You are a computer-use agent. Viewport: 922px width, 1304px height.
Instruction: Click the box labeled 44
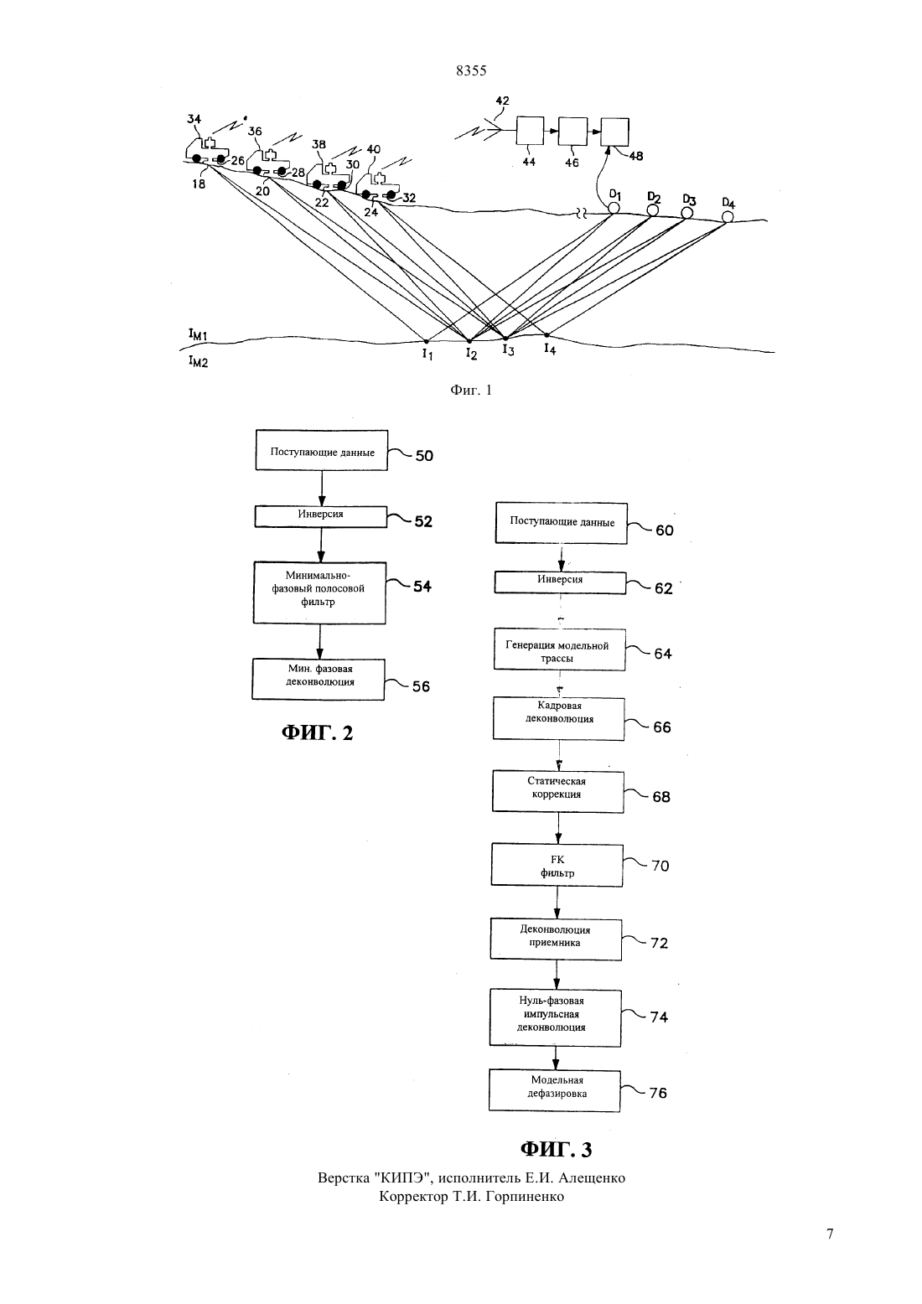tap(530, 131)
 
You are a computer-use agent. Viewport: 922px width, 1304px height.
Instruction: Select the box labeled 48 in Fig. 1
tap(614, 132)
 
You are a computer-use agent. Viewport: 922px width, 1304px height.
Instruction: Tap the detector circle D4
tap(727, 217)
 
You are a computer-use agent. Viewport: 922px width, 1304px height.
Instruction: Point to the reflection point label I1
tap(427, 354)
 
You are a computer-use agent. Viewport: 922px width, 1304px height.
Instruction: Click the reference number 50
tap(424, 456)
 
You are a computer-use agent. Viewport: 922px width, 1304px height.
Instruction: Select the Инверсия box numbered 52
tap(321, 516)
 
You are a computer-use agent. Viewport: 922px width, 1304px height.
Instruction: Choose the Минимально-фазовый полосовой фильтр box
tap(319, 592)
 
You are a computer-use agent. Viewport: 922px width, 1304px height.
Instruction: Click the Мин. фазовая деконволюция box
tap(319, 679)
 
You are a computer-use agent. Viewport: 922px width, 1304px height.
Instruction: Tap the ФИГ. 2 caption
tap(317, 732)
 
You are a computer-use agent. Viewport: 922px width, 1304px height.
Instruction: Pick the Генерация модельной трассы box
tap(559, 649)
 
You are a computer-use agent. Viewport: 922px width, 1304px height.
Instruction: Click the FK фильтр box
tap(557, 865)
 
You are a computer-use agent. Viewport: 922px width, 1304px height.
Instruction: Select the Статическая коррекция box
tap(558, 792)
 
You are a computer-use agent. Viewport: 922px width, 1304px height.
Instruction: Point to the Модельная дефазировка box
tap(555, 1089)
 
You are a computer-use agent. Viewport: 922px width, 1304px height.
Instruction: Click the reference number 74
tap(659, 1017)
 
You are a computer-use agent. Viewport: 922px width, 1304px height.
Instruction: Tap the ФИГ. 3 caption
tap(556, 1149)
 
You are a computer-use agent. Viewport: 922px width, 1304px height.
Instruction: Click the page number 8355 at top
tap(471, 70)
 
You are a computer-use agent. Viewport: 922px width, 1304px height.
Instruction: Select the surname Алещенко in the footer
tap(592, 1178)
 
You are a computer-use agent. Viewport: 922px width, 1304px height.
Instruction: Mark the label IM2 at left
tap(198, 361)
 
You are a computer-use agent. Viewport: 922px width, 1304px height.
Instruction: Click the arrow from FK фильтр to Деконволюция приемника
tap(557, 903)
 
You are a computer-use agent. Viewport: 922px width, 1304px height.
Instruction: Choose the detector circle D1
tap(614, 208)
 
